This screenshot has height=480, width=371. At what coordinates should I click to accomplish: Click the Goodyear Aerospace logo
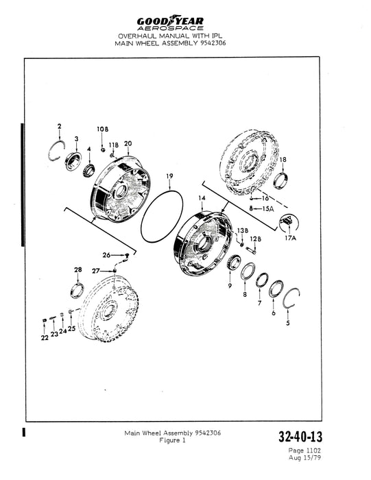click(x=170, y=23)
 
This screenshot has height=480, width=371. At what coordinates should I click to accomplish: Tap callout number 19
click(x=169, y=176)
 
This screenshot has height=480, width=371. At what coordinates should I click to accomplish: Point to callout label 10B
click(x=103, y=129)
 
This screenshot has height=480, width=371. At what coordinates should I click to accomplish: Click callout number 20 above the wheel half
click(x=128, y=143)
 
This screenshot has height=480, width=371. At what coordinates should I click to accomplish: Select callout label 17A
click(x=291, y=238)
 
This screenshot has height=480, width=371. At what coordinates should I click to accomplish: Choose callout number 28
click(x=78, y=269)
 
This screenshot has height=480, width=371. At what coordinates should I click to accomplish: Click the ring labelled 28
click(x=77, y=291)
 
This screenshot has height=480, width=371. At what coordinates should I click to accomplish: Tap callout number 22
click(x=45, y=337)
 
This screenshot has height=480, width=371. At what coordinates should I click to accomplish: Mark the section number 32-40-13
click(x=300, y=437)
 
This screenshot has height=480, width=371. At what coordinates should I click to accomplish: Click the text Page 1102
click(x=304, y=451)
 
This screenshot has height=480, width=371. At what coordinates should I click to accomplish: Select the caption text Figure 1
click(x=172, y=440)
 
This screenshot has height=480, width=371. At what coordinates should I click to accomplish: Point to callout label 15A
click(x=267, y=208)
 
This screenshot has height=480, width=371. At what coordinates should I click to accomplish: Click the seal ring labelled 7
click(x=262, y=280)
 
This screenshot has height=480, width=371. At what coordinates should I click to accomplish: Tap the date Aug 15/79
click(x=304, y=457)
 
